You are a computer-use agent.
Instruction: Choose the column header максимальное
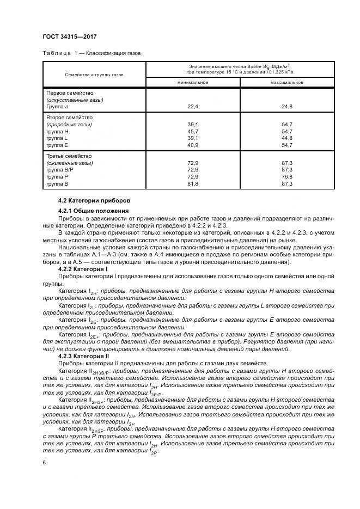click(287, 82)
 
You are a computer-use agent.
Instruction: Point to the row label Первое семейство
click(70, 93)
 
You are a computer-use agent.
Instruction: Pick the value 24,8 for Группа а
click(287, 107)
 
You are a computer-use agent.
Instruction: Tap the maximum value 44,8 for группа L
click(287, 138)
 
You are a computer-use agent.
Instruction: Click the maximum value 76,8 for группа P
click(287, 177)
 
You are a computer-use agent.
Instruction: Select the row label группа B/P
click(61, 170)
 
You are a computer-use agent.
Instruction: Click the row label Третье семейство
click(70, 156)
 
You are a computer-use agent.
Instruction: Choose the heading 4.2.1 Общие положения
click(93, 211)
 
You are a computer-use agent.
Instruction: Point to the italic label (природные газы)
click(69, 125)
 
